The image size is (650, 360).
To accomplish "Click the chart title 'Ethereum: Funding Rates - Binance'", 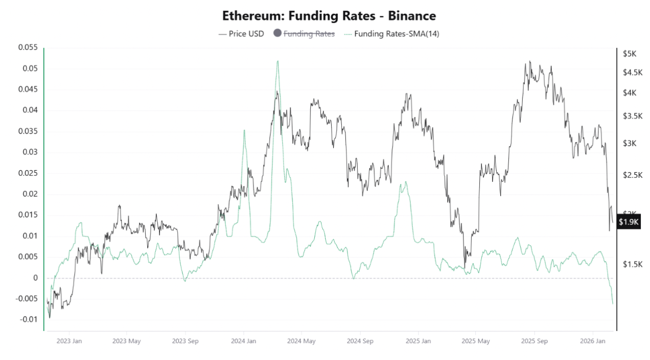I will [x=329, y=16].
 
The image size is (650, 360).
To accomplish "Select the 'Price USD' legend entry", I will [x=241, y=34].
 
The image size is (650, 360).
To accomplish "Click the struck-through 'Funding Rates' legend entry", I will [x=309, y=34].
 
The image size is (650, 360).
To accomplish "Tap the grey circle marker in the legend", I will [x=277, y=34].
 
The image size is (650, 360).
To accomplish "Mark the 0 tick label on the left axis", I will [x=36, y=278].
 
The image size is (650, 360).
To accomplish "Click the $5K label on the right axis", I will [x=629, y=54].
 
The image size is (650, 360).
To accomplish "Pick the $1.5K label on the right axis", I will [x=632, y=264].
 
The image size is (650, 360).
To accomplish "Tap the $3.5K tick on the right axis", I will [x=632, y=116].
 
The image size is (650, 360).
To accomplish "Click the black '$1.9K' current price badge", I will [x=628, y=222].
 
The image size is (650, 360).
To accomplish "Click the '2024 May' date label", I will [x=301, y=341].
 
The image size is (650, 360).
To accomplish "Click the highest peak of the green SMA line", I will [x=277, y=61].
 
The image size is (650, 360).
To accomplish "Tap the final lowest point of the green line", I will [x=613, y=304].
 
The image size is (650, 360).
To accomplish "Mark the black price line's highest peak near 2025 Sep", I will [x=530, y=61].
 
